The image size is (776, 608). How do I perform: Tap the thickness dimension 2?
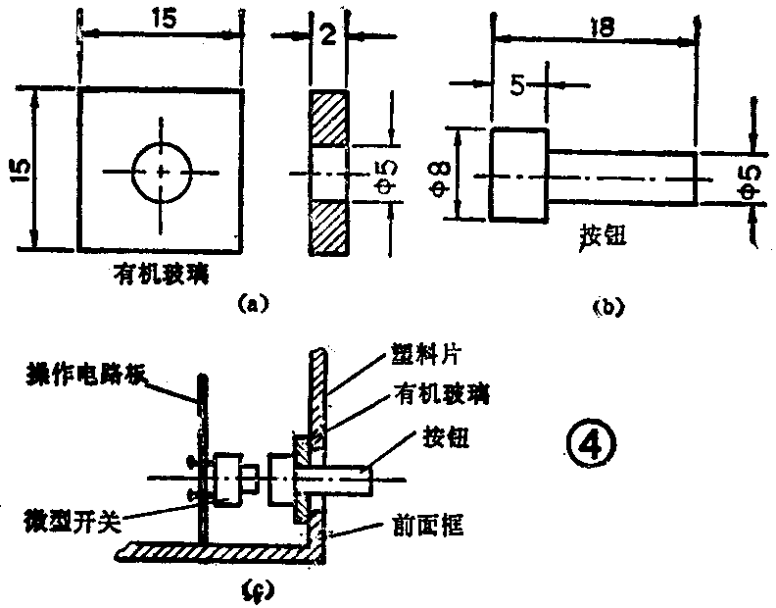point(328,36)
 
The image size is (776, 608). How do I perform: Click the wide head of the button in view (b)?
point(518,176)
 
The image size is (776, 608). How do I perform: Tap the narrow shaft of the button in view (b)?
point(621,177)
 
